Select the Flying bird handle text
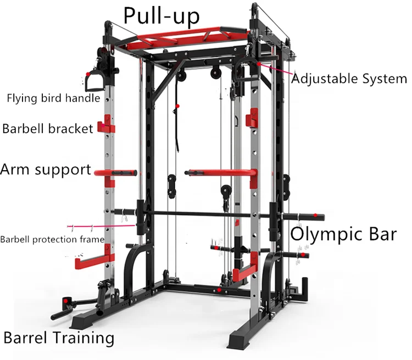click(x=53, y=99)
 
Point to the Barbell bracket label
click(x=48, y=129)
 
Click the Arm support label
click(x=46, y=169)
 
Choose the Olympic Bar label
click(x=343, y=234)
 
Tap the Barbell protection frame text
click(x=52, y=239)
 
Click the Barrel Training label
click(x=59, y=337)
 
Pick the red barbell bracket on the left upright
click(x=105, y=127)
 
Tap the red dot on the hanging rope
click(x=178, y=105)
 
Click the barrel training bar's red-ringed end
click(x=69, y=301)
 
